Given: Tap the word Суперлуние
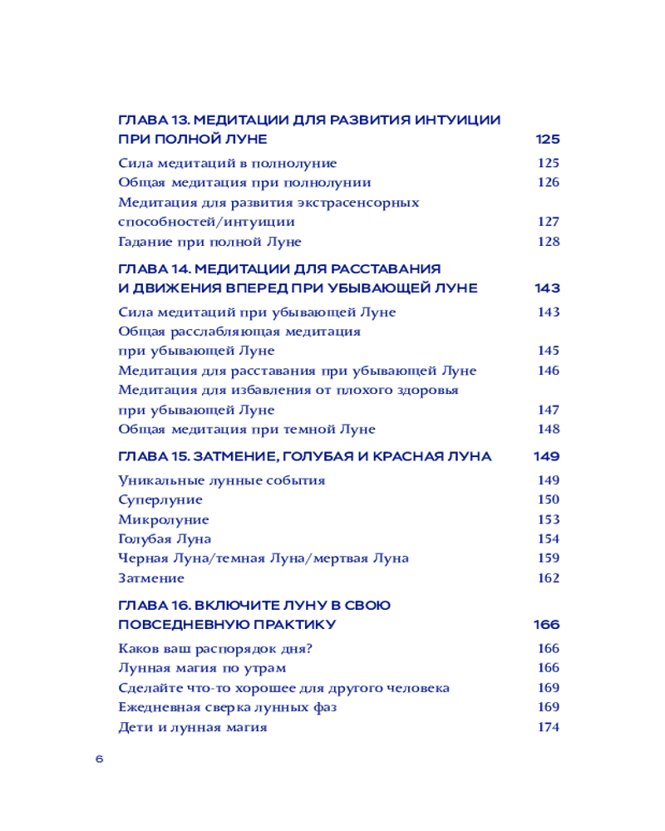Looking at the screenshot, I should (160, 499).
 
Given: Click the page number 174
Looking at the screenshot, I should (548, 727).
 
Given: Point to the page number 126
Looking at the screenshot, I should (548, 183).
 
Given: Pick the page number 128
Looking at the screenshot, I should (548, 242).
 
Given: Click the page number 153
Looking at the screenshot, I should (548, 519).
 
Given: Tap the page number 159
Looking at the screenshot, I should (548, 558).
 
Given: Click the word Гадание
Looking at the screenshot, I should (145, 242).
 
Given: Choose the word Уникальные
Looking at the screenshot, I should (160, 480).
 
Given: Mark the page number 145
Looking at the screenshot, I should (548, 351).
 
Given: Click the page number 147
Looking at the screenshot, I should (548, 410).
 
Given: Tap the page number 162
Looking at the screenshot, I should (548, 578).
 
